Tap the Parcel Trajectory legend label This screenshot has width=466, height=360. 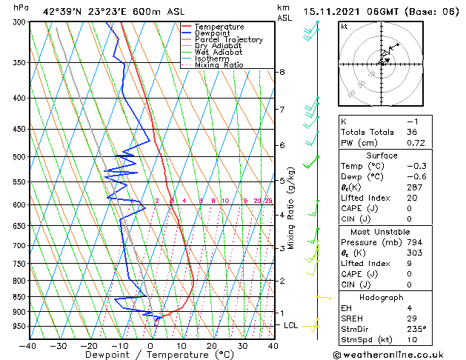(x=228, y=40)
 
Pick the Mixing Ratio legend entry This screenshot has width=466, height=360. (x=219, y=65)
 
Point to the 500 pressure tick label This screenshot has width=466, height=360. (x=19, y=157)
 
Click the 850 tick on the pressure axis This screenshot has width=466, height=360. (x=19, y=297)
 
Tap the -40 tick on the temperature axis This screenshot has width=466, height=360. (x=28, y=345)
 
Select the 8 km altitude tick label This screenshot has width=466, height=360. (x=282, y=72)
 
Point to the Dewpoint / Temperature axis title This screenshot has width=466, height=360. (x=151, y=355)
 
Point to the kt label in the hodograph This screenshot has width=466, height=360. (x=344, y=27)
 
